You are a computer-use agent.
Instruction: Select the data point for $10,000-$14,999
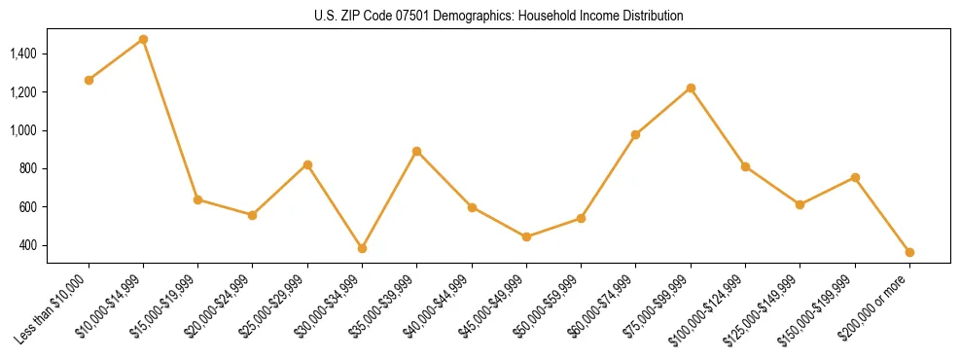pos(143,39)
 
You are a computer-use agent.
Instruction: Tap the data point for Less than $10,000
pos(89,80)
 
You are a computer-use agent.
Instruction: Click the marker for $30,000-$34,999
pos(362,248)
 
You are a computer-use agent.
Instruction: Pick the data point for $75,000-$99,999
pos(691,88)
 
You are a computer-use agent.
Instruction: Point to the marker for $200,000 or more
pos(909,252)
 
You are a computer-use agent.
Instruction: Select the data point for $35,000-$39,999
pos(416,151)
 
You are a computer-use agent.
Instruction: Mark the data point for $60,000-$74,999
pos(635,134)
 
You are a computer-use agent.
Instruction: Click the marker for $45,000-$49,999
pos(526,236)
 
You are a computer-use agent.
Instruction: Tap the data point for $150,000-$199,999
pos(855,177)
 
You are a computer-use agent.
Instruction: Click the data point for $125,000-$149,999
pos(800,204)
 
